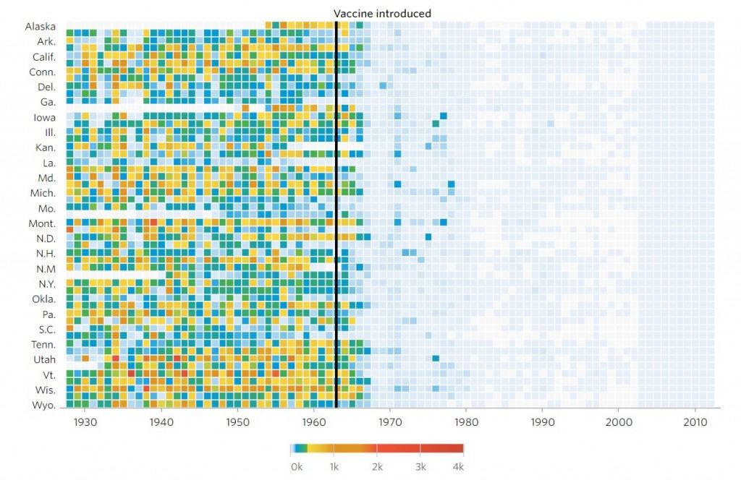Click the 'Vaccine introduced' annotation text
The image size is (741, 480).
[382, 13]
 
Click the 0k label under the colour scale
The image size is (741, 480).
[296, 467]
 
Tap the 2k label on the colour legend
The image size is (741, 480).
[376, 467]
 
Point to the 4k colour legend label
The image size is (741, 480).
[458, 467]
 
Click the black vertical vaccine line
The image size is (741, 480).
[336, 217]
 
